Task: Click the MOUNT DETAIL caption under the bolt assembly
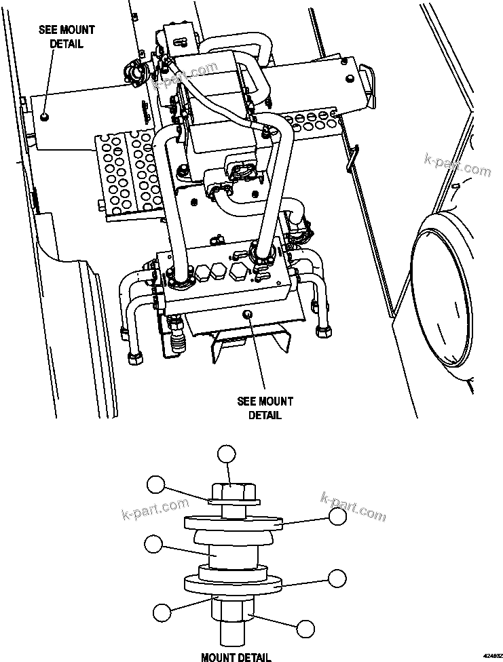[x=236, y=656]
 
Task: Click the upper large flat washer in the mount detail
[x=233, y=523]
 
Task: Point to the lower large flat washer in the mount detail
[x=233, y=583]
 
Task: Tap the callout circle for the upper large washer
[x=337, y=516]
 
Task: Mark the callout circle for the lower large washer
[x=337, y=577]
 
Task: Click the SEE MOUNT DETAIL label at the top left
[x=67, y=37]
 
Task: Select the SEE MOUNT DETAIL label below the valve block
[x=265, y=408]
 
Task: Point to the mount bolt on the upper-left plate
[x=44, y=117]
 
